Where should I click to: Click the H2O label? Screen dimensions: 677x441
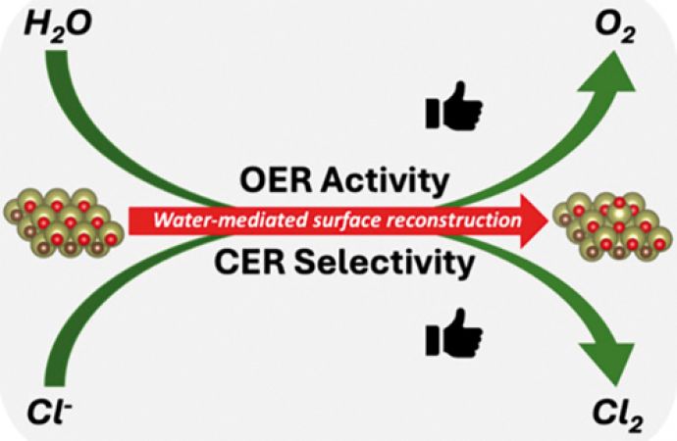pos(58,25)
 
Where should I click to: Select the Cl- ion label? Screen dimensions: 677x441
pos(49,412)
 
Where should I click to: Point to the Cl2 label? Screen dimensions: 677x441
pos(618,416)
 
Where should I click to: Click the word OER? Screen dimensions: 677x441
pos(276,180)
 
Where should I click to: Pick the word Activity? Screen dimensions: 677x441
pos(385,182)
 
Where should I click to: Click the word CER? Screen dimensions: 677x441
pos(249,262)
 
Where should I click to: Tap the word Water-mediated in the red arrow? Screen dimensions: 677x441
pos(231,220)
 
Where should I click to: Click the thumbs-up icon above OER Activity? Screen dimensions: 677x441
pos(453,106)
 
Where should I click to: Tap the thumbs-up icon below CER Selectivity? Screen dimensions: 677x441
pos(453,333)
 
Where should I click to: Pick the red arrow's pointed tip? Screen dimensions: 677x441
pos(547,221)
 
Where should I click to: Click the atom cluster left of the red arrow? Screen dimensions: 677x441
pos(64,222)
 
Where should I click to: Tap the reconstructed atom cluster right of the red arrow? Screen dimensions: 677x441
pos(612,225)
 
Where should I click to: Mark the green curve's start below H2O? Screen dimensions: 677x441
pos(56,51)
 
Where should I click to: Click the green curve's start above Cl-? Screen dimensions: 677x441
pos(55,385)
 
